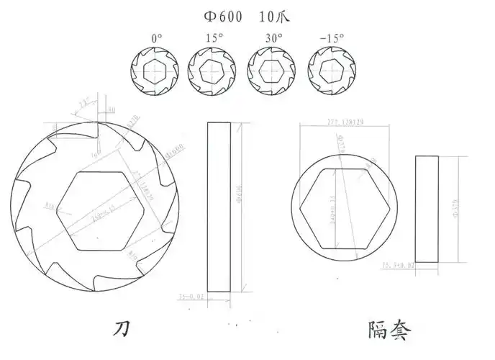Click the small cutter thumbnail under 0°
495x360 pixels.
click(x=154, y=72)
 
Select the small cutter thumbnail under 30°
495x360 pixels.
click(x=272, y=72)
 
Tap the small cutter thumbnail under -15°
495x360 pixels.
click(x=332, y=72)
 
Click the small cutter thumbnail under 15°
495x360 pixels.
click(x=212, y=72)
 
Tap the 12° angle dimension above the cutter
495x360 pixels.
click(x=84, y=104)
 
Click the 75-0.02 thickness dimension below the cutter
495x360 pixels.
click(x=191, y=296)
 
